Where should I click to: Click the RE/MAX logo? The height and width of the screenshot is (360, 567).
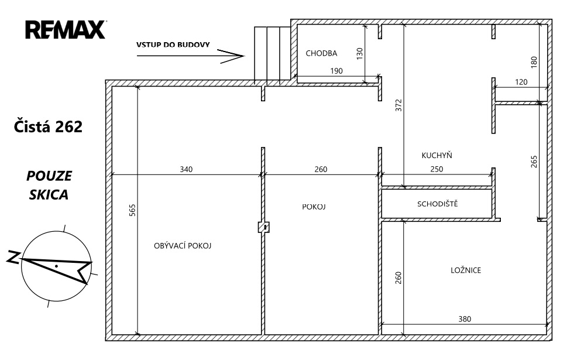[66, 30]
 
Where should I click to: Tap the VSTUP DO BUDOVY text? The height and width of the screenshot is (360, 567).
[173, 45]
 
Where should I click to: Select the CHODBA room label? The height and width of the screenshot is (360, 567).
[321, 53]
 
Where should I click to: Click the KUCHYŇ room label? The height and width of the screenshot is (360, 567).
[437, 155]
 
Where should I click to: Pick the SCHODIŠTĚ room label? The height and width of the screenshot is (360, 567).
[438, 204]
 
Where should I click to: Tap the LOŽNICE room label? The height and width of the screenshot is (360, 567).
[466, 270]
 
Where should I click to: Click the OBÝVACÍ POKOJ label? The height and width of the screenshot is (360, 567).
[183, 246]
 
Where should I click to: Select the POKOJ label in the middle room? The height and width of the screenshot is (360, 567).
[314, 207]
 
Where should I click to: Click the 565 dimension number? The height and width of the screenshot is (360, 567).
[132, 210]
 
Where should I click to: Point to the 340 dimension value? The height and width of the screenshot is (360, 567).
[186, 169]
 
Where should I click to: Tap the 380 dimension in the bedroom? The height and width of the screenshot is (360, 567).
[465, 319]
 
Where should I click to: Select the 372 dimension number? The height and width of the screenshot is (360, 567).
[398, 105]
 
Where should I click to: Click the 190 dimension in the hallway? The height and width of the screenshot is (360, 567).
[336, 71]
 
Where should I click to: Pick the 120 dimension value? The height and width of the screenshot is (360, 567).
[521, 82]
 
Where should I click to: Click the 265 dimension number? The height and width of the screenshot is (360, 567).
[534, 162]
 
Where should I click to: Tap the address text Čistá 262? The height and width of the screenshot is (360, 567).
[48, 126]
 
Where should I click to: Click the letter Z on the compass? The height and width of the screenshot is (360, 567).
[13, 256]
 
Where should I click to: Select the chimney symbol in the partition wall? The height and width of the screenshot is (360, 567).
[264, 227]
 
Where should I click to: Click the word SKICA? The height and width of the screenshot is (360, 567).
[49, 195]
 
